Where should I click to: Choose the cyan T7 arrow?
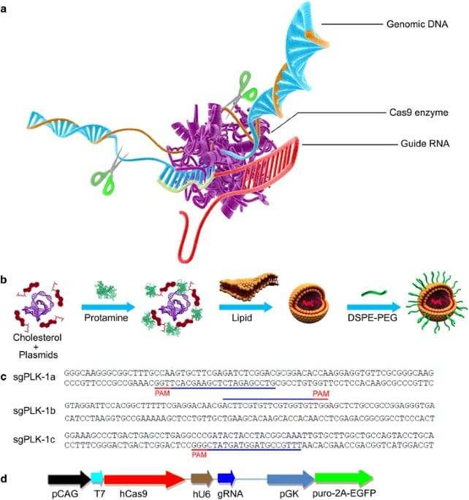coord(97,478)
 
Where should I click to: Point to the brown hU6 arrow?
coord(201,478)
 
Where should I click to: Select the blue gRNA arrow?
coord(226,478)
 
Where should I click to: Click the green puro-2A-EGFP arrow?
coord(343,478)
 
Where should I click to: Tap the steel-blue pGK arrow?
coord(289,478)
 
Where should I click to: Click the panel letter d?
coord(6,480)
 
